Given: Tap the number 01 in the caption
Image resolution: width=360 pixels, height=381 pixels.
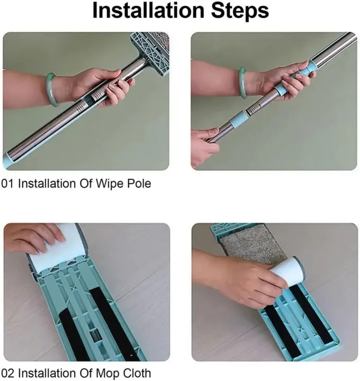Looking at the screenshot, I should tap(7, 184).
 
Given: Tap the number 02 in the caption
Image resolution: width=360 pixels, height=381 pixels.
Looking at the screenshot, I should tap(7, 372).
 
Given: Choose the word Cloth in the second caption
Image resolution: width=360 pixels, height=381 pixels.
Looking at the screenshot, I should tap(137, 372).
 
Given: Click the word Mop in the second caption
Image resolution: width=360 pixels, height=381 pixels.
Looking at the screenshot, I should tap(107, 372).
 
